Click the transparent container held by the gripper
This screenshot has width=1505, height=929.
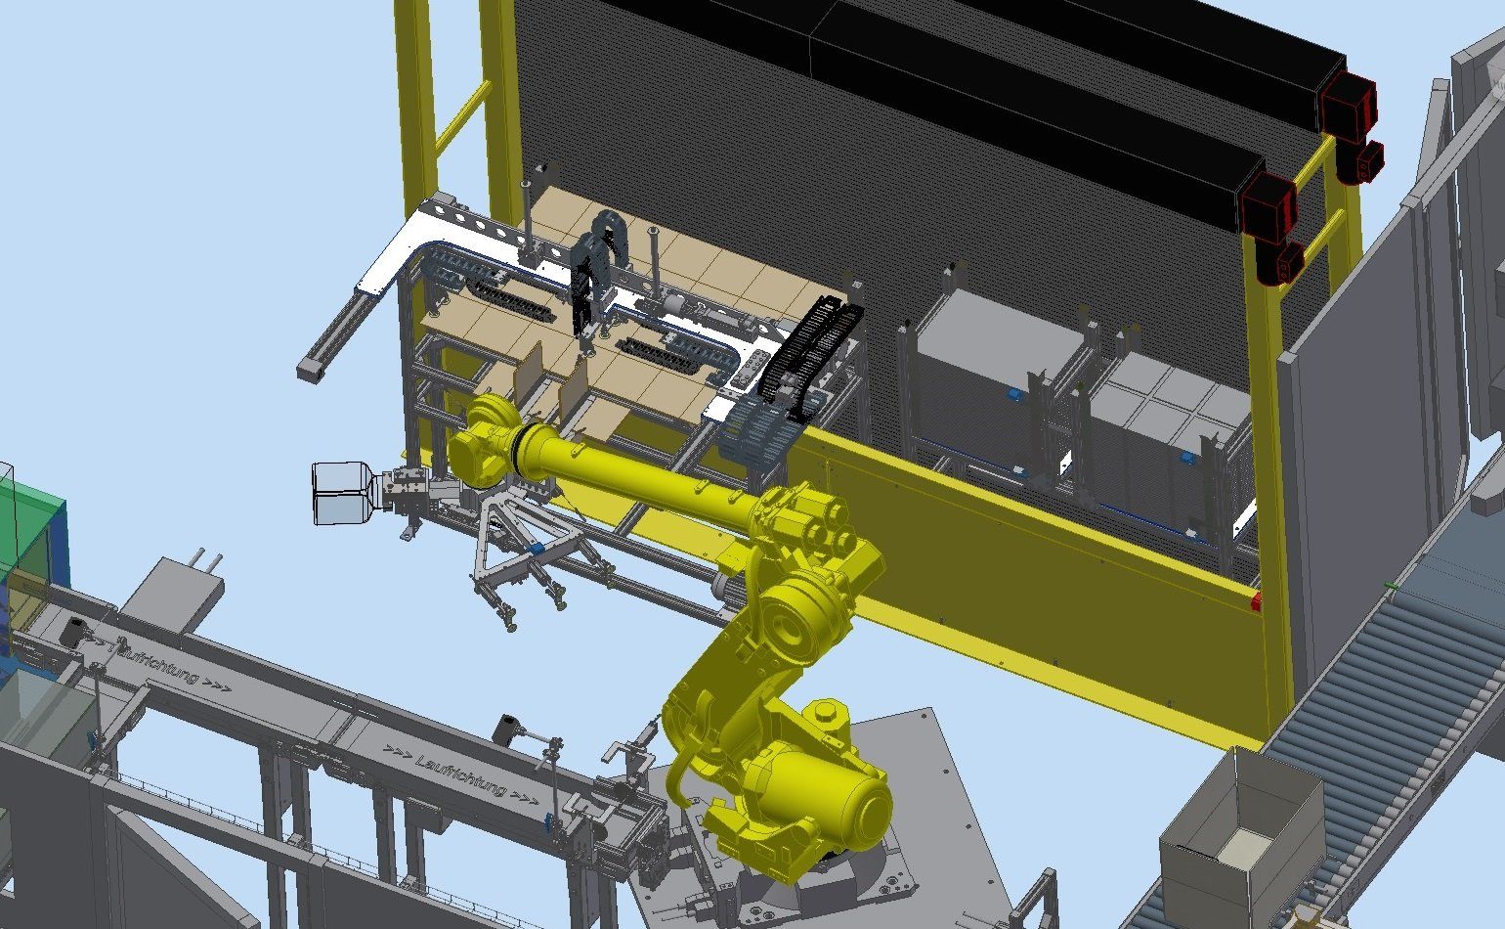[x=344, y=493]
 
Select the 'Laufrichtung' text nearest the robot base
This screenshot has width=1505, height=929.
[x=461, y=774]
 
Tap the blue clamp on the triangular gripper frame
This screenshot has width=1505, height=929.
[x=537, y=549]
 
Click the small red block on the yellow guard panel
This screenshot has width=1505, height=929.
[x=1256, y=602]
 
